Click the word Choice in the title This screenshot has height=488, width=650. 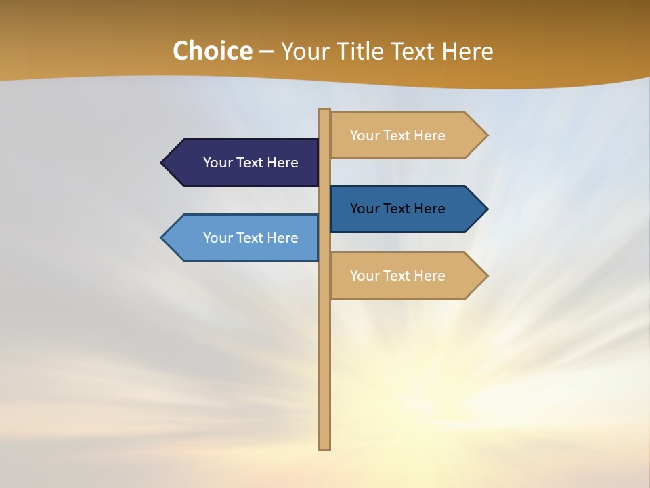pos(212,52)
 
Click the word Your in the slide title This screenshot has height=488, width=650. pos(304,52)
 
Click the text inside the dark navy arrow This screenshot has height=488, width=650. pos(251,163)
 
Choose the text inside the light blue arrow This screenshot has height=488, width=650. pos(251,238)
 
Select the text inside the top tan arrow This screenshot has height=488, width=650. pos(397,136)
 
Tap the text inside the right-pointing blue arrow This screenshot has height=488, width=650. pos(397,209)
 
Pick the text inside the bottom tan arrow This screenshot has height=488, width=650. pos(397,276)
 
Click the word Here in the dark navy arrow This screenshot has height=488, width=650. pos(282,163)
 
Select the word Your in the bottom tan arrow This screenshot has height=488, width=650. pos(364,276)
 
